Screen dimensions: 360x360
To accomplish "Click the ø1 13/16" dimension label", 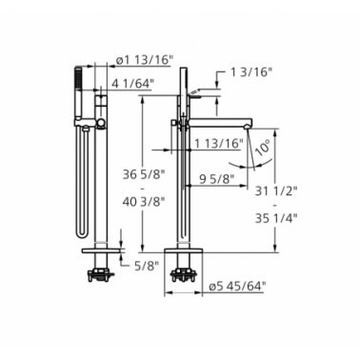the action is coord(143,60).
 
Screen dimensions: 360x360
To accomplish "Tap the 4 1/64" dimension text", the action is coord(133,83).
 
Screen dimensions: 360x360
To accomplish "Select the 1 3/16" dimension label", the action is coord(250,72).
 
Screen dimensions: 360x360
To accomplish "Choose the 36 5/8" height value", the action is coord(145,174).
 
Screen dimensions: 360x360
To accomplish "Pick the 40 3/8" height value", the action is coord(145,201).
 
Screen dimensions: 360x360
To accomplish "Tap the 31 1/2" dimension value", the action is coord(276,191).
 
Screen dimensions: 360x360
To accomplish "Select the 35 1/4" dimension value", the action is coord(276,218).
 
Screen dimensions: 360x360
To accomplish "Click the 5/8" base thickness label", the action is coord(146,266).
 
